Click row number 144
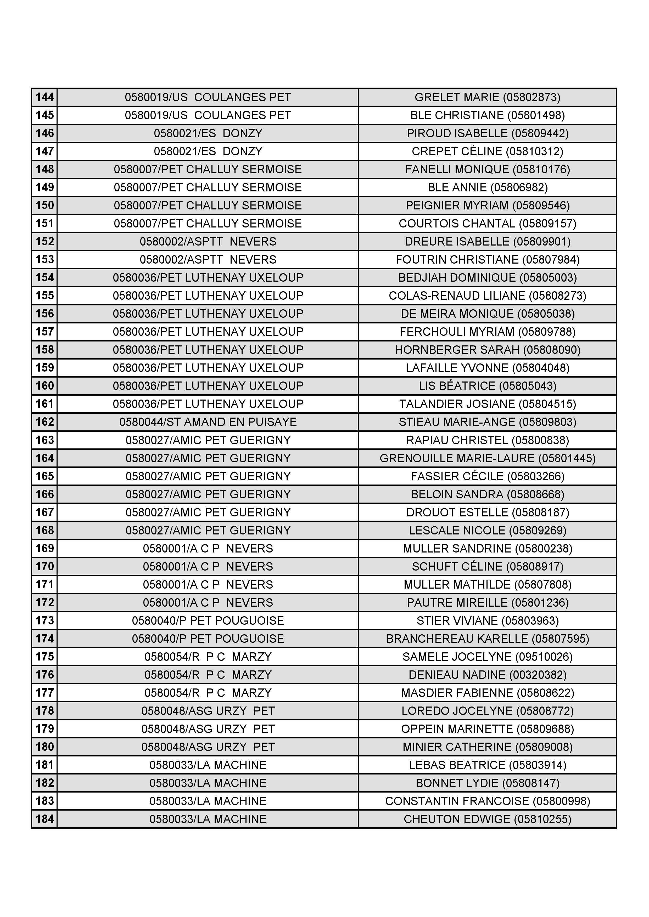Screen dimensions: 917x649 44,97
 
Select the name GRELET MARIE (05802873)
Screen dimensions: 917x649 487,97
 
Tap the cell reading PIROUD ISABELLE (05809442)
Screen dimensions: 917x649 487,133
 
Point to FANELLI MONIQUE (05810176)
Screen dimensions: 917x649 487,169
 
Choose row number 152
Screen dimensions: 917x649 44,241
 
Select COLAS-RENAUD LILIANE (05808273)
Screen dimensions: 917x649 487,295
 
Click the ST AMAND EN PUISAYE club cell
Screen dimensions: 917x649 208,422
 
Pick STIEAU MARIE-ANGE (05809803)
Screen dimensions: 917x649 487,422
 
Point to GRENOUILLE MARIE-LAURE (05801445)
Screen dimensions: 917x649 487,458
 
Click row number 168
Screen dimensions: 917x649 44,530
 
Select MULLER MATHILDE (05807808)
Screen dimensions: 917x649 487,584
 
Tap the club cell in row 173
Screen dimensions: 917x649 208,620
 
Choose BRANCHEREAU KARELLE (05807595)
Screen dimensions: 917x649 487,639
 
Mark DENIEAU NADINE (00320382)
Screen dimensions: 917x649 487,675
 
